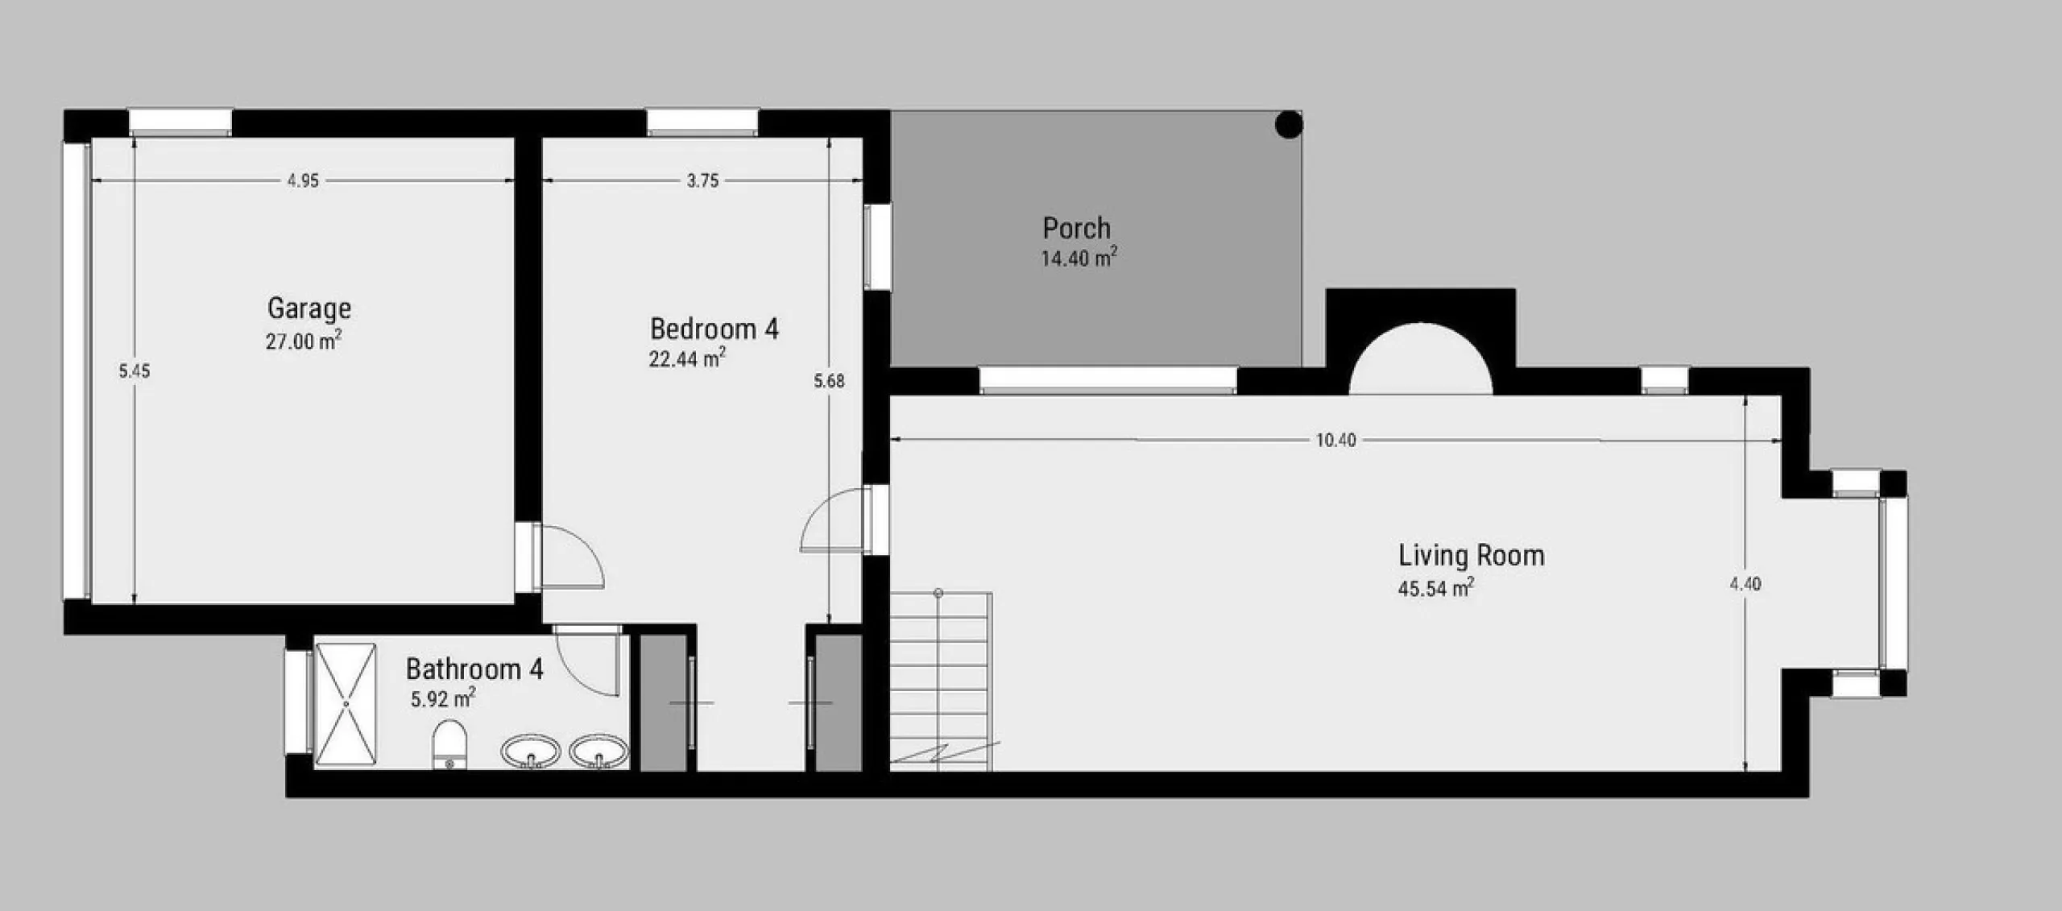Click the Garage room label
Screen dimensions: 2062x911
tap(309, 309)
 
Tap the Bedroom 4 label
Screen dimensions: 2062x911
tap(714, 329)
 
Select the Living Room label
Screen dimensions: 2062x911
tap(1471, 556)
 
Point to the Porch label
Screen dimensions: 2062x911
tap(1076, 229)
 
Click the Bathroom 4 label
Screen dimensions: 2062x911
tap(474, 669)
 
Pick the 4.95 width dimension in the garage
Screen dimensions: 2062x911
tap(303, 181)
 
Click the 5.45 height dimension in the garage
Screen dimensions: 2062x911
tap(135, 371)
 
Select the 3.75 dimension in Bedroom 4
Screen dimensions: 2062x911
tap(702, 181)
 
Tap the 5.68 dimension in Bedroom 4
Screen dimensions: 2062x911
tap(829, 381)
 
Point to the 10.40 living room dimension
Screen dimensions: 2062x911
tap(1335, 441)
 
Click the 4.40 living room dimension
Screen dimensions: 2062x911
tap(1745, 584)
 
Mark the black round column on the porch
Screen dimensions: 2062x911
tap(1289, 125)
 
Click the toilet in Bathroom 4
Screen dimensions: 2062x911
tap(450, 745)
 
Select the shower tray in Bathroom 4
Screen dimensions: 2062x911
tap(346, 703)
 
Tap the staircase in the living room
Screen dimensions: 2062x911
tap(941, 681)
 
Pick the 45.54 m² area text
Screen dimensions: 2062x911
tap(1436, 588)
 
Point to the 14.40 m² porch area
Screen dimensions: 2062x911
tap(1079, 258)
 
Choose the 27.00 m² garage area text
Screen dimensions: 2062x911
tap(304, 341)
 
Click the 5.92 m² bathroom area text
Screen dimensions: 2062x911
tap(443, 698)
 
